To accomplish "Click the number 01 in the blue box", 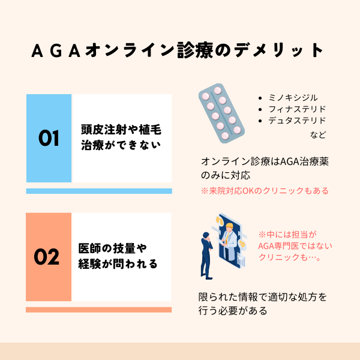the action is pyautogui.click(x=49, y=138).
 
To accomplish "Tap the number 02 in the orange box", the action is pyautogui.click(x=47, y=256).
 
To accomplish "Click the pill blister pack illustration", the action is pyautogui.click(x=221, y=113).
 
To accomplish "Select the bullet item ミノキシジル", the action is pyautogui.click(x=293, y=98).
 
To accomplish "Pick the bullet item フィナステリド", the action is pyautogui.click(x=297, y=109).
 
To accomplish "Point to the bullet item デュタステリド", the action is pyautogui.click(x=297, y=121).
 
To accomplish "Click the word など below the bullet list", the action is pyautogui.click(x=318, y=135).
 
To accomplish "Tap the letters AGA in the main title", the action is pyautogui.click(x=56, y=50).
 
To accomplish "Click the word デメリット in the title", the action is pyautogui.click(x=279, y=50).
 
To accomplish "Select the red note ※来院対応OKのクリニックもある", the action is pyautogui.click(x=265, y=191).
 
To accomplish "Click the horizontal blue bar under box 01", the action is pyautogui.click(x=99, y=191).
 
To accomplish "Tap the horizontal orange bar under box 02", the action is pyautogui.click(x=99, y=310).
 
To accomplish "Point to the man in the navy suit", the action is pyautogui.click(x=206, y=256).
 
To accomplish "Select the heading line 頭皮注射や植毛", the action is pyautogui.click(x=121, y=130).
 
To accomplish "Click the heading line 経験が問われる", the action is pyautogui.click(x=118, y=264).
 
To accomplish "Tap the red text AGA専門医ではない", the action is pyautogui.click(x=295, y=246).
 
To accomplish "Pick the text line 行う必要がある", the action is pyautogui.click(x=233, y=311).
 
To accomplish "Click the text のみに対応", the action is pyautogui.click(x=225, y=175).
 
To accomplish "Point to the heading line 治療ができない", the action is pyautogui.click(x=121, y=145).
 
